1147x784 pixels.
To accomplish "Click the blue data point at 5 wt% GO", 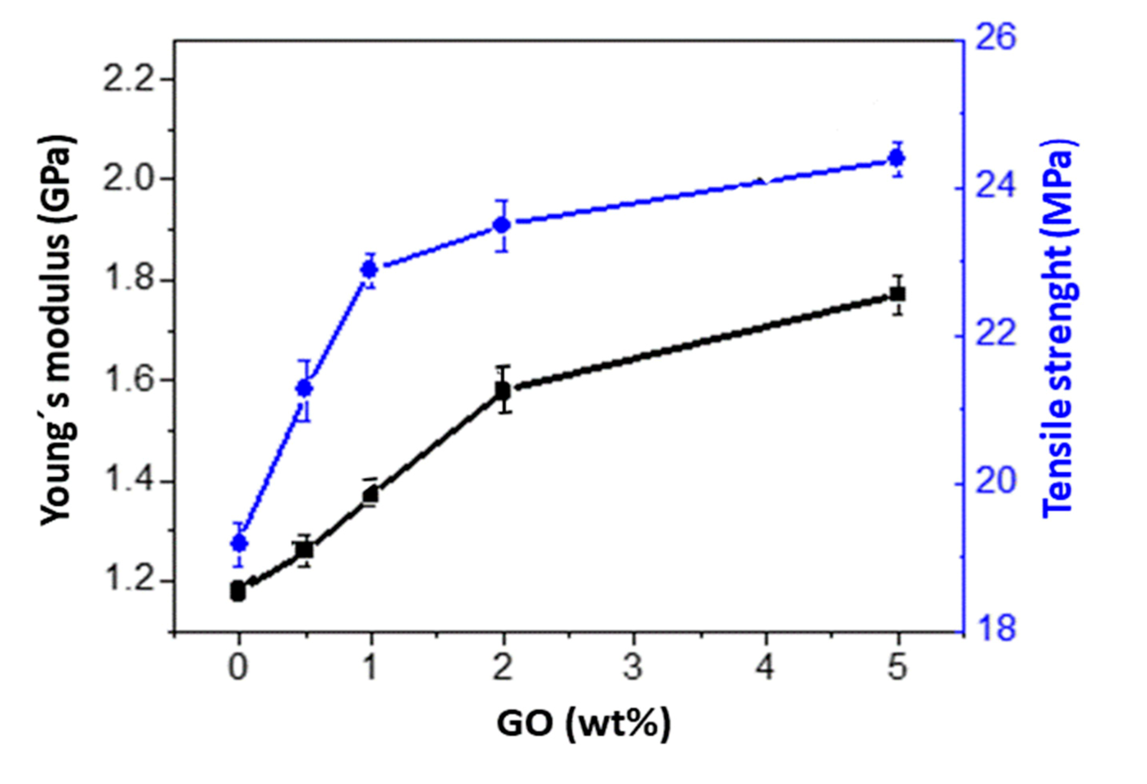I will pos(897,158).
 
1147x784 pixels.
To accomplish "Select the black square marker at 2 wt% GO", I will pos(503,391).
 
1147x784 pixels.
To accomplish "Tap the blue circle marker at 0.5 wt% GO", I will pos(305,388).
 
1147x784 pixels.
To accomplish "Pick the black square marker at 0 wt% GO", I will pos(238,590).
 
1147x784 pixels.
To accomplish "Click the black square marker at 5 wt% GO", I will pos(897,294).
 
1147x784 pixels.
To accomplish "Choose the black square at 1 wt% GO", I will pos(371,494).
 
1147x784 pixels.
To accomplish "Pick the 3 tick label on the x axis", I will pos(634,668).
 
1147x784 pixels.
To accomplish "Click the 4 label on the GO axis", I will pos(765,668).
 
